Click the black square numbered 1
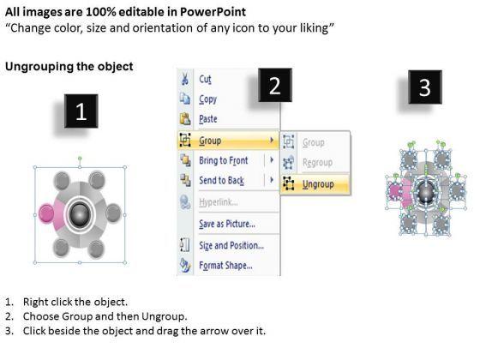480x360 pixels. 81,111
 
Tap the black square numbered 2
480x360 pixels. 275,85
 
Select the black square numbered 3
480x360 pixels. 425,87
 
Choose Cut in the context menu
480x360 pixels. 205,79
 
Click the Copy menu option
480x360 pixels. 207,99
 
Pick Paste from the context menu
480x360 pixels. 208,119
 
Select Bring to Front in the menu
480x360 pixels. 224,160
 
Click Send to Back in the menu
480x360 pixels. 222,180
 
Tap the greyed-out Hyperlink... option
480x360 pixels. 219,202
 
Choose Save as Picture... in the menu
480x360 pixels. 227,224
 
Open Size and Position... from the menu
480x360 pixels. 231,245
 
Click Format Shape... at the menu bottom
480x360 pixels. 226,266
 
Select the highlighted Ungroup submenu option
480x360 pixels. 318,184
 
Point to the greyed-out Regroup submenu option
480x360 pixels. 317,162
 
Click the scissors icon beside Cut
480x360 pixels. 184,79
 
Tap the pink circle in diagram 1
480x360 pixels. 46,213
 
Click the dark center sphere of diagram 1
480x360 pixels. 80,214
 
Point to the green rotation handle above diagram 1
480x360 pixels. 80,159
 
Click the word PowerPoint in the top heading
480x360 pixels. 213,12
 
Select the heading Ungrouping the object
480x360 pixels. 69,67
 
